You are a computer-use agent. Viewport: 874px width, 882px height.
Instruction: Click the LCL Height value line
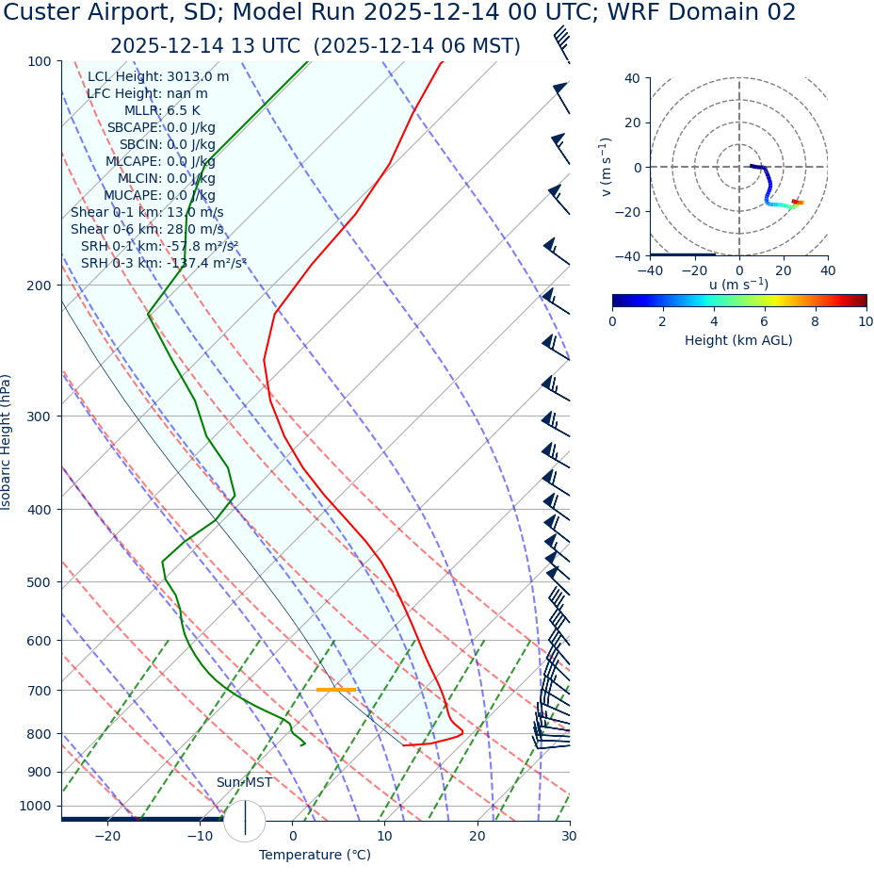pos(158,77)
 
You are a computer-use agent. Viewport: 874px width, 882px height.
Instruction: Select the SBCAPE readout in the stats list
pos(161,128)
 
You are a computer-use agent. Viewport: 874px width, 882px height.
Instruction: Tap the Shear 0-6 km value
pos(147,229)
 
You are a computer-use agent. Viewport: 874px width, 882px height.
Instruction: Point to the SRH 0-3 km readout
pos(163,263)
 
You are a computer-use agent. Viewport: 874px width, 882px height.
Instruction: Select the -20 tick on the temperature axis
pos(107,837)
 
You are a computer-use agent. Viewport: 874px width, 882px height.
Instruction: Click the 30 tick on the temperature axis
pos(569,837)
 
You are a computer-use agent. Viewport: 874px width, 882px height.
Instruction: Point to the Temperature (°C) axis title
pos(315,856)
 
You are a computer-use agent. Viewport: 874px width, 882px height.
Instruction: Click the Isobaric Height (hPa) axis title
pos(8,442)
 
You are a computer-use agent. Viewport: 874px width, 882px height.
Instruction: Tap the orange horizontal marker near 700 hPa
pos(335,690)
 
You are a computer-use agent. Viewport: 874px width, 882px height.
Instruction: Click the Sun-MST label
pos(244,783)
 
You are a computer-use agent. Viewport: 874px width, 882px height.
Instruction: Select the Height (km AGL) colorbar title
pos(738,340)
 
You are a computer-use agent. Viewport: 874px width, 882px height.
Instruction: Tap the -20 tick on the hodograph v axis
pos(630,212)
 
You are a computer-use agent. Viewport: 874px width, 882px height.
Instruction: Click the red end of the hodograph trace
pos(800,203)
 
